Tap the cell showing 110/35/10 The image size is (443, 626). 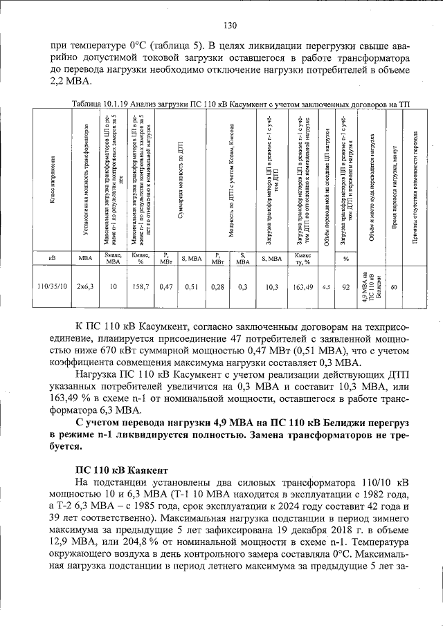53,286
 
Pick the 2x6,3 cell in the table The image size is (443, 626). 86,286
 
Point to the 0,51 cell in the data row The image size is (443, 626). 190,286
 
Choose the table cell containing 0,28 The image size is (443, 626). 217,286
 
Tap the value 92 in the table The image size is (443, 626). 345,286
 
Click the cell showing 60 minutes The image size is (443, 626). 394,286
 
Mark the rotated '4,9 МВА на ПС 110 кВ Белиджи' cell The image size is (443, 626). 371,286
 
